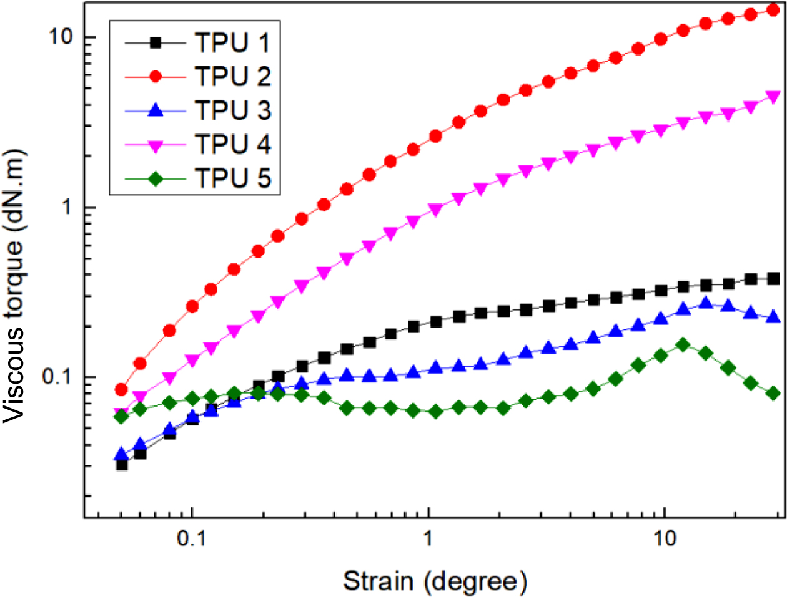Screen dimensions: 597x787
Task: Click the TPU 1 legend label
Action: [x=233, y=43]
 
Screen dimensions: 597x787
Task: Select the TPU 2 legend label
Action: [x=233, y=77]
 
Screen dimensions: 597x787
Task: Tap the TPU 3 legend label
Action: [x=233, y=110]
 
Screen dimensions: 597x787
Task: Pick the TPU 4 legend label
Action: [x=233, y=144]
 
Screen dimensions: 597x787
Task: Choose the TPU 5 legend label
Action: [x=233, y=178]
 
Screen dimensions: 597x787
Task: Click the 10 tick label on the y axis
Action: [x=62, y=37]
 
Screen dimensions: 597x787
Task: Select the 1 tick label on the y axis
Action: [x=68, y=207]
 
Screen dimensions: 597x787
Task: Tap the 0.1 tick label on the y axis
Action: [x=57, y=377]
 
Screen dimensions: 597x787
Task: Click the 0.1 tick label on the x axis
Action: [x=192, y=538]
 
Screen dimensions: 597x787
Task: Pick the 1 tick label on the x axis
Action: [x=428, y=538]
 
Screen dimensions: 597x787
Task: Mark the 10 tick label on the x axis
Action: [x=665, y=538]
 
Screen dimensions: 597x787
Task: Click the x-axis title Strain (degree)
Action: [x=435, y=581]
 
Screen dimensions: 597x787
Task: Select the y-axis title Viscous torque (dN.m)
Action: [x=15, y=286]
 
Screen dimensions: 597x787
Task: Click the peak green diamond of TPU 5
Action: [x=683, y=344]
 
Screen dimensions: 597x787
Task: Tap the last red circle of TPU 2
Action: [x=773, y=10]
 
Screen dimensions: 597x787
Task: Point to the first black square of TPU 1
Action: [x=122, y=464]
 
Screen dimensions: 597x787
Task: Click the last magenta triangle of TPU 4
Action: [x=773, y=97]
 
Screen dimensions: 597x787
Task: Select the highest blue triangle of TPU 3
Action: [x=706, y=303]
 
